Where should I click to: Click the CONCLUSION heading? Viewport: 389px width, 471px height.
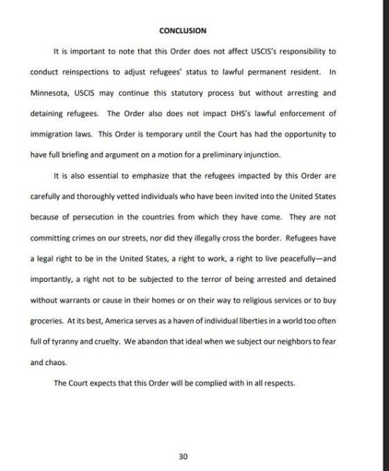182,30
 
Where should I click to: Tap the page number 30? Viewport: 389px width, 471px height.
183,456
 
